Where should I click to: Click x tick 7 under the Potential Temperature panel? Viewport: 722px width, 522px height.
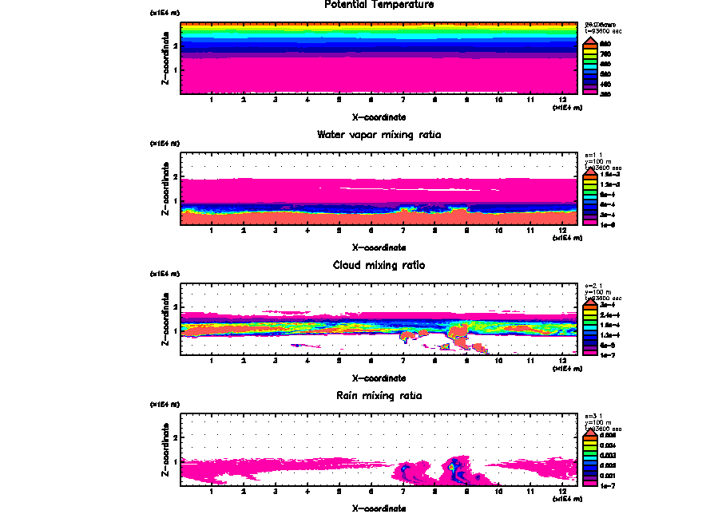point(403,100)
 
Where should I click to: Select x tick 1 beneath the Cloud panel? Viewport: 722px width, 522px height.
point(211,361)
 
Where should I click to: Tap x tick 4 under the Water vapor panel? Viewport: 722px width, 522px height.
point(307,231)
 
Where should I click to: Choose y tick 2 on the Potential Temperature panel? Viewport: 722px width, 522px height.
point(175,45)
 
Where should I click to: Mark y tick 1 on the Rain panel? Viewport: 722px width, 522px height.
point(175,461)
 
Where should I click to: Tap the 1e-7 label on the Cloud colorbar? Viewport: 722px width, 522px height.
point(607,354)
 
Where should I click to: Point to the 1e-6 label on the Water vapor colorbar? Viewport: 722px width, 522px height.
point(607,224)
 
